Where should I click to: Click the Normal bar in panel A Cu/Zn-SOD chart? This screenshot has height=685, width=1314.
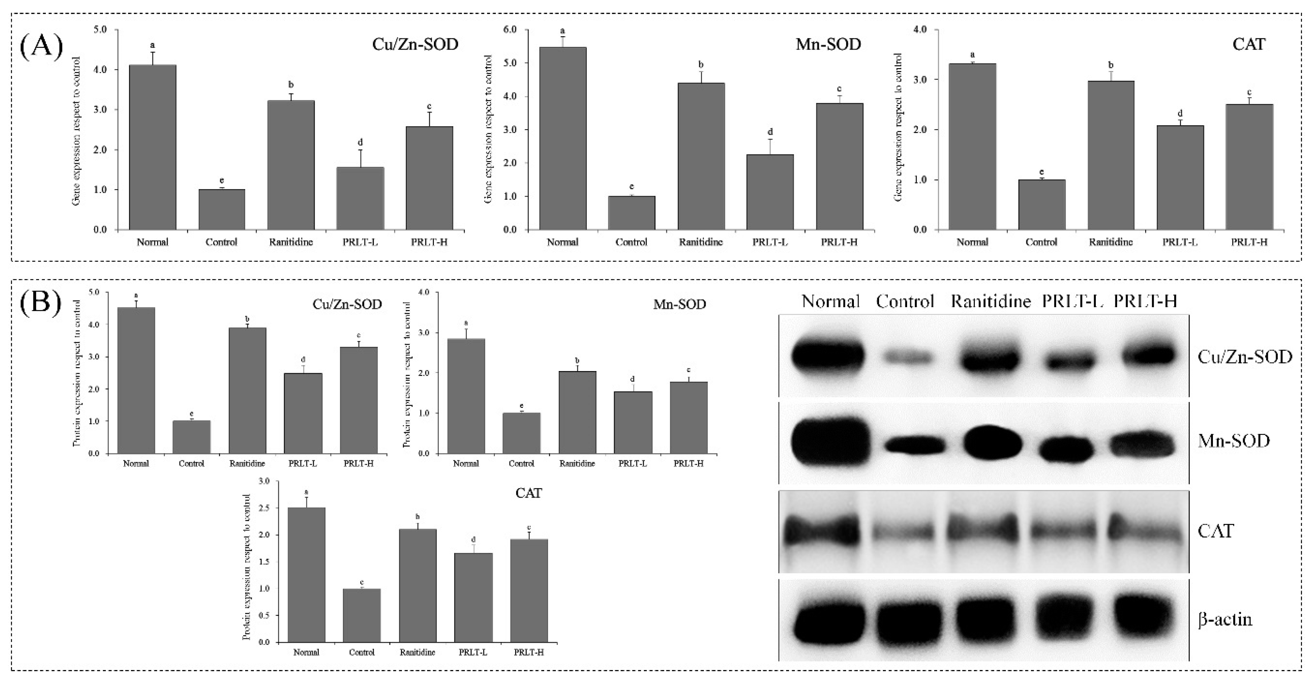153,148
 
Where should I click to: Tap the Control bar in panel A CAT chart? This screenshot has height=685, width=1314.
1042,205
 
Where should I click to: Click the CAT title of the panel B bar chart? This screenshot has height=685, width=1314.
529,493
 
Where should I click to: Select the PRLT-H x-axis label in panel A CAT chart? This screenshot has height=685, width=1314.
1249,242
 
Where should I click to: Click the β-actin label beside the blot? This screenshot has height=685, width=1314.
1225,620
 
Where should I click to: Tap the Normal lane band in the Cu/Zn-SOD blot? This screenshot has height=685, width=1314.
828,357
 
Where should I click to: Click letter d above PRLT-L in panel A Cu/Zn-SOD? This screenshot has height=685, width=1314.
360,142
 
